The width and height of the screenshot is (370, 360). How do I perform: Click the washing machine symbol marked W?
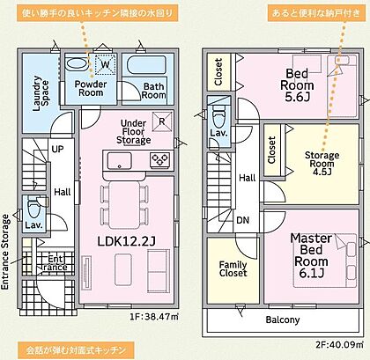tap(105, 63)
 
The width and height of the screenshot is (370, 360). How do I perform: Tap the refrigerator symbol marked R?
tap(162, 121)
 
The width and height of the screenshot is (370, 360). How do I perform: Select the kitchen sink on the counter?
tap(120, 161)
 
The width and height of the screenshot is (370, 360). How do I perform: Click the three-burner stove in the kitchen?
tap(159, 160)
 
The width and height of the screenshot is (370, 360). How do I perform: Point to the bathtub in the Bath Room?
tap(147, 65)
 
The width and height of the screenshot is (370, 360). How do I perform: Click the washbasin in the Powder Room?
tap(76, 63)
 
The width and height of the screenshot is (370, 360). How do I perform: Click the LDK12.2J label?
tap(126, 241)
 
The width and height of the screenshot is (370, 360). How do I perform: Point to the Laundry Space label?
tap(41, 93)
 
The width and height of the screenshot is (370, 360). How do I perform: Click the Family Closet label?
tap(233, 268)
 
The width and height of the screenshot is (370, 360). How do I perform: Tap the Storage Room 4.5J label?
tap(322, 164)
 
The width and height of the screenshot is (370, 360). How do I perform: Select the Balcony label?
tap(283, 320)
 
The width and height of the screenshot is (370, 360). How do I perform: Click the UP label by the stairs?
tap(57, 149)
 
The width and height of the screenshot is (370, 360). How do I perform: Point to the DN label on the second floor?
tap(242, 220)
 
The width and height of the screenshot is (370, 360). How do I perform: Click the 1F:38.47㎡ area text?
tap(154, 317)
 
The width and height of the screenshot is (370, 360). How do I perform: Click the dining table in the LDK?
tap(124, 205)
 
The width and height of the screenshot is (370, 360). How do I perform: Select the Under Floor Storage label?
tap(134, 132)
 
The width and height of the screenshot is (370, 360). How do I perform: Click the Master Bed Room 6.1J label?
tap(312, 255)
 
